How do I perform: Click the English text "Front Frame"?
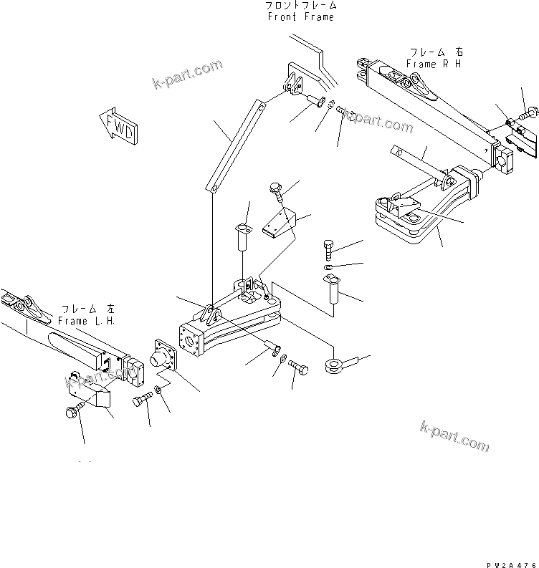point(300,16)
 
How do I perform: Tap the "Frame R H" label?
point(434,64)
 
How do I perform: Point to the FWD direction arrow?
point(119,126)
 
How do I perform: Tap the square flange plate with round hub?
point(164,357)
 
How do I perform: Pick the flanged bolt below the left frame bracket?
point(75,412)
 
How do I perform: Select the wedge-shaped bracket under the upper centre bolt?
point(279,225)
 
